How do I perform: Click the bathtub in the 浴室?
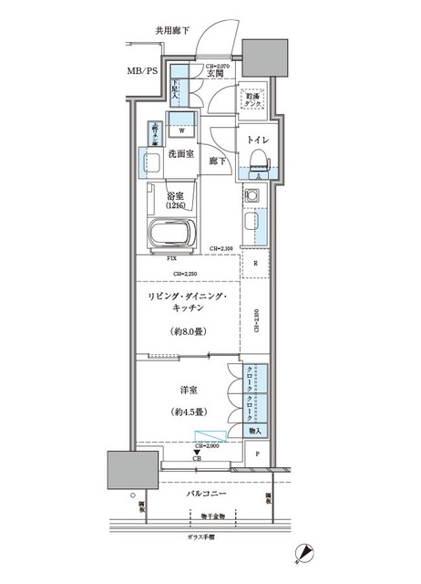click(x=171, y=231)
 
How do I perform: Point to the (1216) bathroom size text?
click(x=179, y=205)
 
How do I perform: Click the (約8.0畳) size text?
click(x=189, y=332)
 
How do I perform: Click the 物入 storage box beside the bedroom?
click(x=257, y=430)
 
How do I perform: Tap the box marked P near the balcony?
click(x=258, y=454)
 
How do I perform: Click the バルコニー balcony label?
click(x=209, y=493)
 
